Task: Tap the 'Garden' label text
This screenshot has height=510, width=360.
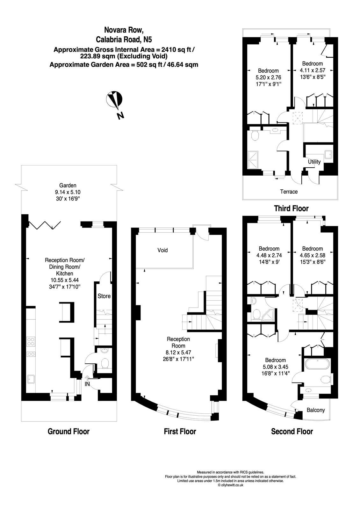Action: pos(68,185)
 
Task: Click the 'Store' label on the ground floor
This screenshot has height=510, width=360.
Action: pos(104,296)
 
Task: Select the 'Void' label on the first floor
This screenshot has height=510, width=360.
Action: pos(162,250)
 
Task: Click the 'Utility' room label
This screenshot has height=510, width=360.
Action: pos(314,162)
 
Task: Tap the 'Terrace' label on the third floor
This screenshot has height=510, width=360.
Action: pos(289,192)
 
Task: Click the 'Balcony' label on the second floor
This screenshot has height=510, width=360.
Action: pos(316,410)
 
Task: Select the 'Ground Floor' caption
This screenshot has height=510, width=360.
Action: pos(68,432)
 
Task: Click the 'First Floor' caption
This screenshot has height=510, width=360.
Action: pos(180,432)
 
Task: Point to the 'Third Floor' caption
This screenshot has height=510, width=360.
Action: pos(292,209)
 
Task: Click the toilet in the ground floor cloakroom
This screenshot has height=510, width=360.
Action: pos(104,363)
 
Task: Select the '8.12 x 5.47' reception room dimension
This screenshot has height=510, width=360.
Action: pos(178,353)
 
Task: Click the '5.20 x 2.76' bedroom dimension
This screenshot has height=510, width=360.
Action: pos(268,77)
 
